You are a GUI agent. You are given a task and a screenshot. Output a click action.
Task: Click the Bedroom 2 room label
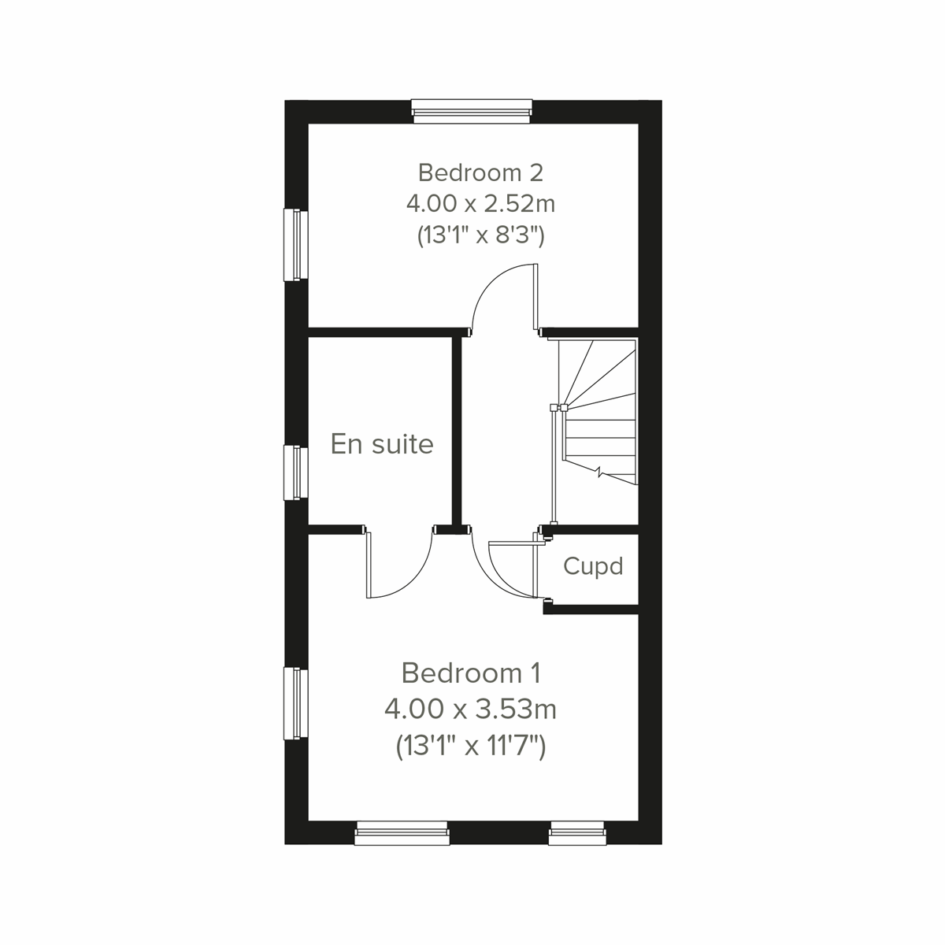480,172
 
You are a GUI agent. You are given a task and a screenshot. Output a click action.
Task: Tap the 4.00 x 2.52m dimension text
480,204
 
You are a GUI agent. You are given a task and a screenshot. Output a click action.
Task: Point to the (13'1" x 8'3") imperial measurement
480,235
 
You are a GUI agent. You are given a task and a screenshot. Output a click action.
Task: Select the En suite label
382,444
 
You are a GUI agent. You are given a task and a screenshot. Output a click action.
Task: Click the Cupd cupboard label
593,566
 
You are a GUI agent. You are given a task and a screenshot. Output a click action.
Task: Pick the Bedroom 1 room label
471,673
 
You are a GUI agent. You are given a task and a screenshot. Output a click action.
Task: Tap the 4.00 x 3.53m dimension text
471,710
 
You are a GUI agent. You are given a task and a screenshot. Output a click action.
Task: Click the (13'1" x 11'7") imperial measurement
471,745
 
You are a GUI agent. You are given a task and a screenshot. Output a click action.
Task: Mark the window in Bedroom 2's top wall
472,112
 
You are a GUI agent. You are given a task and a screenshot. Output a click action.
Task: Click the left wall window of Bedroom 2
295,244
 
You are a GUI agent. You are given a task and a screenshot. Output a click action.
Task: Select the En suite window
295,472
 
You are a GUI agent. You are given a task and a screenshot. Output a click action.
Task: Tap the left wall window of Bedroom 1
295,703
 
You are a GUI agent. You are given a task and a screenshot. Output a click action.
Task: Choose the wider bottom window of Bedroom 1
402,833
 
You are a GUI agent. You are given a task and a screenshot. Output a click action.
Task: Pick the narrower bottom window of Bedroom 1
577,833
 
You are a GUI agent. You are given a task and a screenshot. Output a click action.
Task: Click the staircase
597,411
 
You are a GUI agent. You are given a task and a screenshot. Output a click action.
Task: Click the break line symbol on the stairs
601,473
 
